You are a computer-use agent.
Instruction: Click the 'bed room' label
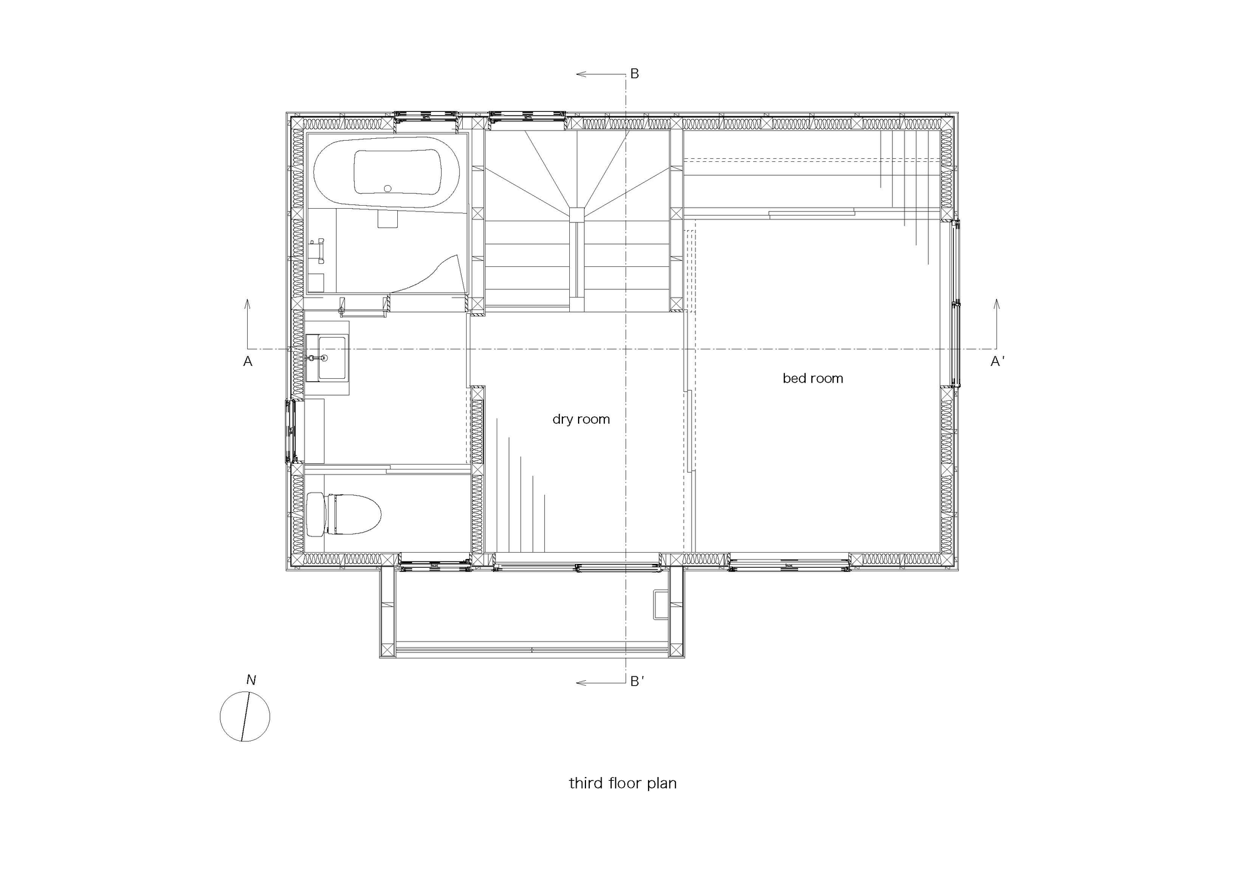pyautogui.click(x=813, y=378)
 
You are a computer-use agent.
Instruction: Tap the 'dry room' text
pyautogui.click(x=581, y=419)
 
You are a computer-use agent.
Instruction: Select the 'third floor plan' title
pyautogui.click(x=622, y=783)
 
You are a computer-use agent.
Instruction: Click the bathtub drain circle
pyautogui.click(x=388, y=188)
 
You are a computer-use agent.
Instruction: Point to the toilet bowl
pyautogui.click(x=354, y=514)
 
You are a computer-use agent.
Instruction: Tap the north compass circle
pyautogui.click(x=245, y=716)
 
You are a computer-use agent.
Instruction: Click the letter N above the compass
pyautogui.click(x=251, y=680)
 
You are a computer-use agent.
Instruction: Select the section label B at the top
pyautogui.click(x=634, y=74)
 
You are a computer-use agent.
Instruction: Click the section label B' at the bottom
pyautogui.click(x=637, y=681)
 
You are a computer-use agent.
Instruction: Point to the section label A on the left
pyautogui.click(x=248, y=361)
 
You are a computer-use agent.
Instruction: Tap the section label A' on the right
pyautogui.click(x=998, y=361)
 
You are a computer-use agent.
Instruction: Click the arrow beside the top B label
pyautogui.click(x=601, y=74)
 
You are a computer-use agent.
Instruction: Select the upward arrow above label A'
pyautogui.click(x=996, y=324)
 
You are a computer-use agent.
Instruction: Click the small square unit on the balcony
pyautogui.click(x=661, y=605)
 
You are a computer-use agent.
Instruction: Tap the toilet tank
pyautogui.click(x=317, y=514)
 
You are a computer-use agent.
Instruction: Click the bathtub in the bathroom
pyautogui.click(x=387, y=172)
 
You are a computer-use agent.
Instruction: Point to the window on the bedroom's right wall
pyautogui.click(x=955, y=303)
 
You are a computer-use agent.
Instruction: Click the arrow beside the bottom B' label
pyautogui.click(x=601, y=683)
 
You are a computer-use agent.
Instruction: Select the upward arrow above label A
pyautogui.click(x=248, y=324)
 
